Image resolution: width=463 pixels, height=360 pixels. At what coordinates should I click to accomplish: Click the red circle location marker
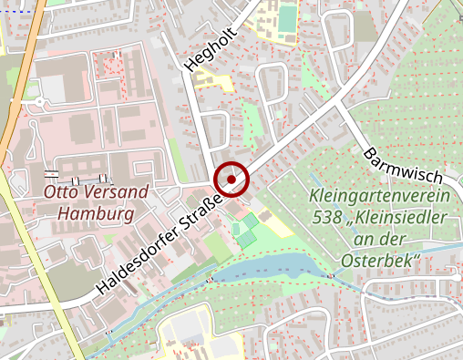(x=231, y=180)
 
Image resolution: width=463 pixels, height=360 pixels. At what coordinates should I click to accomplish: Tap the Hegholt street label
(x=203, y=48)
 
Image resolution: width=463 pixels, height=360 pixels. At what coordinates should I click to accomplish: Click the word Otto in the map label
(x=62, y=193)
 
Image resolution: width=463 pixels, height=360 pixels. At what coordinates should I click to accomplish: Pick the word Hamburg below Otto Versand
(x=89, y=215)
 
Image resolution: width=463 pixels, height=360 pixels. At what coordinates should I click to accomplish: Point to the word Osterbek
(x=378, y=262)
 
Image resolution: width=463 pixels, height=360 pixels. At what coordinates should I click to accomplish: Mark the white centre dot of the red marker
(x=231, y=180)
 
